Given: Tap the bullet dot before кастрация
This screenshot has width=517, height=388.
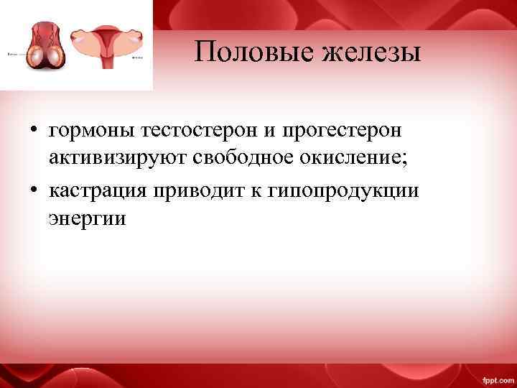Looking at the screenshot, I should [34, 190].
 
